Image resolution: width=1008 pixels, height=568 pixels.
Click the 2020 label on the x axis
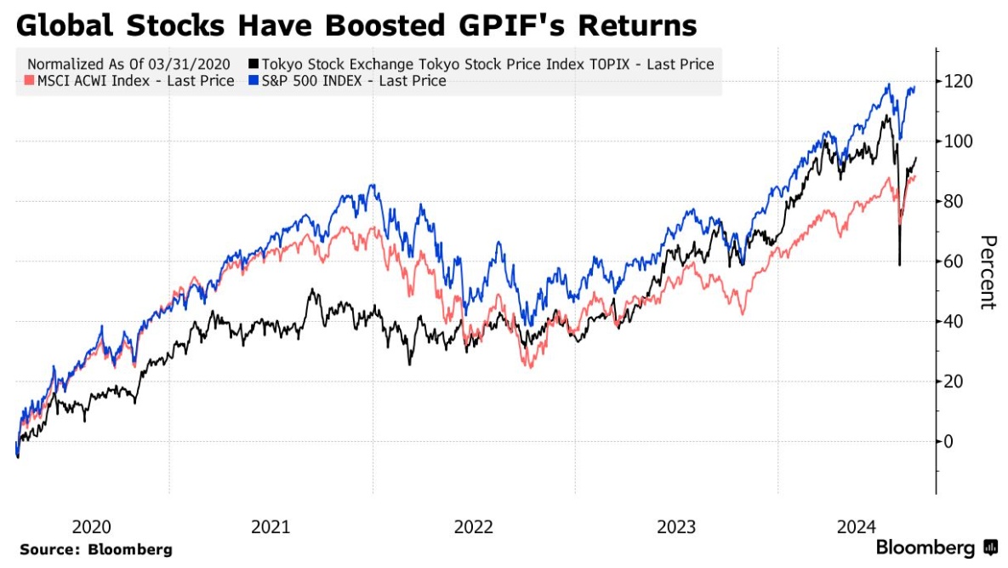93,526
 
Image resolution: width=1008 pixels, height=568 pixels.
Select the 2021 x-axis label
271,526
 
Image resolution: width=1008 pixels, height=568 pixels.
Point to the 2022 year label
473,526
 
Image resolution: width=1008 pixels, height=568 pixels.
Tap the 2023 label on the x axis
675,526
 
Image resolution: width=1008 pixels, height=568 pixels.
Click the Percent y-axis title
988,272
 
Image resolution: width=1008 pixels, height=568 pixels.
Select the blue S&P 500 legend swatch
253,82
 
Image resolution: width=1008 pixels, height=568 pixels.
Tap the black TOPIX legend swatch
253,64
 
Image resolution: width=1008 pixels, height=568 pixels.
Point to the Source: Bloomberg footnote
95,549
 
